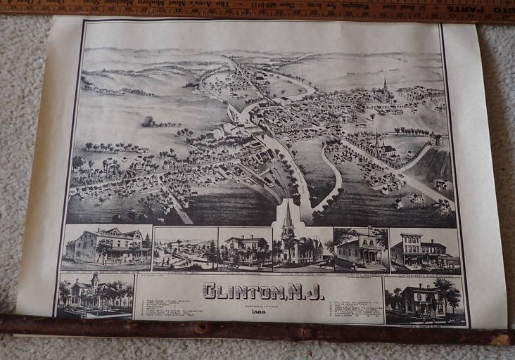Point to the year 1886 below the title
[259, 311]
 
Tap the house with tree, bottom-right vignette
[423, 300]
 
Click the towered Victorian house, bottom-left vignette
[94, 295]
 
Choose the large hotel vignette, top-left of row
[106, 247]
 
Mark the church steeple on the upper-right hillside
[384, 86]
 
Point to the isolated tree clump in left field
[148, 122]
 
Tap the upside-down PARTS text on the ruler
[492, 11]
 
